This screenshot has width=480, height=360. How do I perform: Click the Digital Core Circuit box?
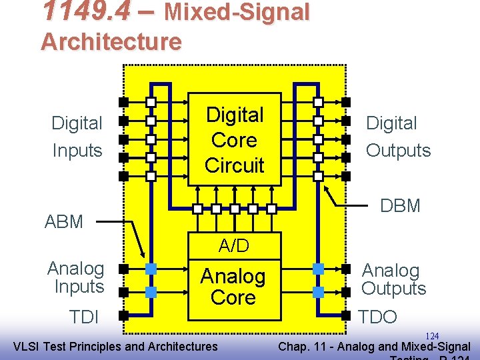(234, 140)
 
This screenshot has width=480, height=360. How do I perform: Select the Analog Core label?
(233, 287)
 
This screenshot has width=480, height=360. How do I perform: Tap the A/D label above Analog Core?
(234, 246)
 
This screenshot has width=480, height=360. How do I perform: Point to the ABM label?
(64, 221)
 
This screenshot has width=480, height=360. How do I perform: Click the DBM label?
(400, 205)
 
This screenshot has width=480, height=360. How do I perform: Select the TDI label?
(84, 317)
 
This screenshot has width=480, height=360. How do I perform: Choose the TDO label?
(377, 317)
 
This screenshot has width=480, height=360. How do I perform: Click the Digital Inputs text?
(77, 137)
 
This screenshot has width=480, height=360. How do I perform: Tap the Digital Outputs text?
(397, 137)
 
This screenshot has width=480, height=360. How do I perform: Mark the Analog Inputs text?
(76, 277)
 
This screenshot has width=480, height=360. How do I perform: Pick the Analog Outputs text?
(393, 279)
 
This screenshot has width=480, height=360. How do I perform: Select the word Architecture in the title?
(111, 41)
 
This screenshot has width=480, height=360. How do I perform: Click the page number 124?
(432, 336)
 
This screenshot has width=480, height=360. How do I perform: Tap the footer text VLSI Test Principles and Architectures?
(115, 346)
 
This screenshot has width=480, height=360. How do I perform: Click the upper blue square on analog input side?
(151, 269)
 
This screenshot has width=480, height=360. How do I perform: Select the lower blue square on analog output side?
(318, 292)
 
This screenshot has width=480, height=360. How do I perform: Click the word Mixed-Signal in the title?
(237, 11)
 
